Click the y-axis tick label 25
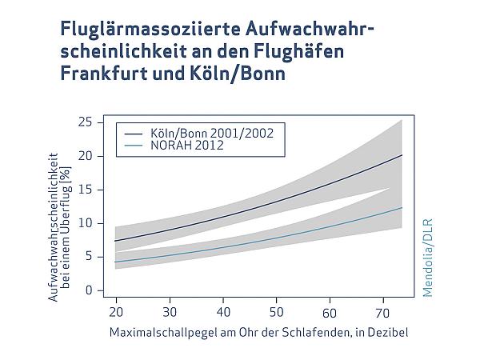click(86, 122)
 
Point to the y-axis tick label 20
click(86, 155)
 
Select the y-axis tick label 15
click(86, 189)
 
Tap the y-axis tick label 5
click(89, 257)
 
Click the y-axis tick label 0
click(89, 290)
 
